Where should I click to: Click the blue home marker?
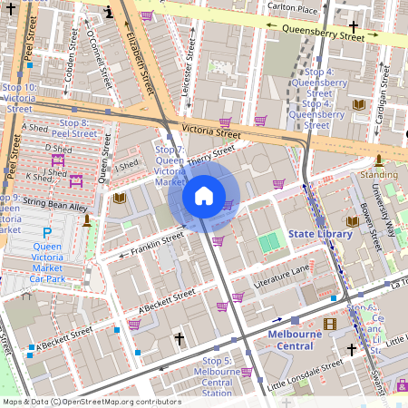tap(204, 196)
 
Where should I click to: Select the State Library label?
tap(320, 234)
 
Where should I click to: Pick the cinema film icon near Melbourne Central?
tap(330, 324)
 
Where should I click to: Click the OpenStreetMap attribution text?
tap(91, 402)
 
